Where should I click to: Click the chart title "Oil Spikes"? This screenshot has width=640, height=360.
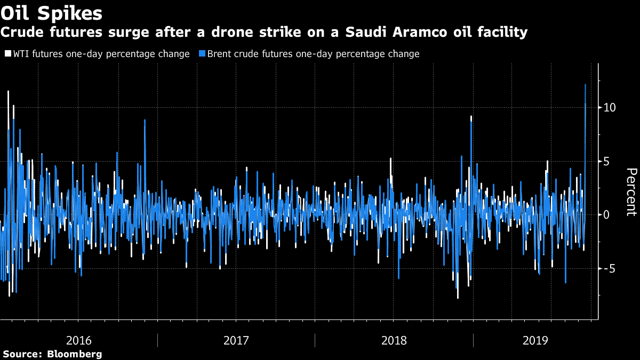tap(52, 12)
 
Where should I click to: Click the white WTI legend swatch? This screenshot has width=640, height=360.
tap(7, 54)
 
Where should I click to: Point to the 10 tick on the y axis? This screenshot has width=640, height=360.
tap(609, 107)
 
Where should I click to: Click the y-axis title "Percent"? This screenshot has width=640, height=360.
tap(631, 191)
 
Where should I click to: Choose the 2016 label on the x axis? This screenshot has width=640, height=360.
tap(78, 340)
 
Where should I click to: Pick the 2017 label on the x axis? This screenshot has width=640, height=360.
tap(236, 340)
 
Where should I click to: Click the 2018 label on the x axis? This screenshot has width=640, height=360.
tap(394, 340)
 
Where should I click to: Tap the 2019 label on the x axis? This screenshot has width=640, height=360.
tap(535, 340)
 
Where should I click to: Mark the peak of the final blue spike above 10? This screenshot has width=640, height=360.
tap(585, 84)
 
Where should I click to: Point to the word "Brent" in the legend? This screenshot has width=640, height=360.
tap(219, 54)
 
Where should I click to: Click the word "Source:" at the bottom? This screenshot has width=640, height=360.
tap(22, 354)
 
